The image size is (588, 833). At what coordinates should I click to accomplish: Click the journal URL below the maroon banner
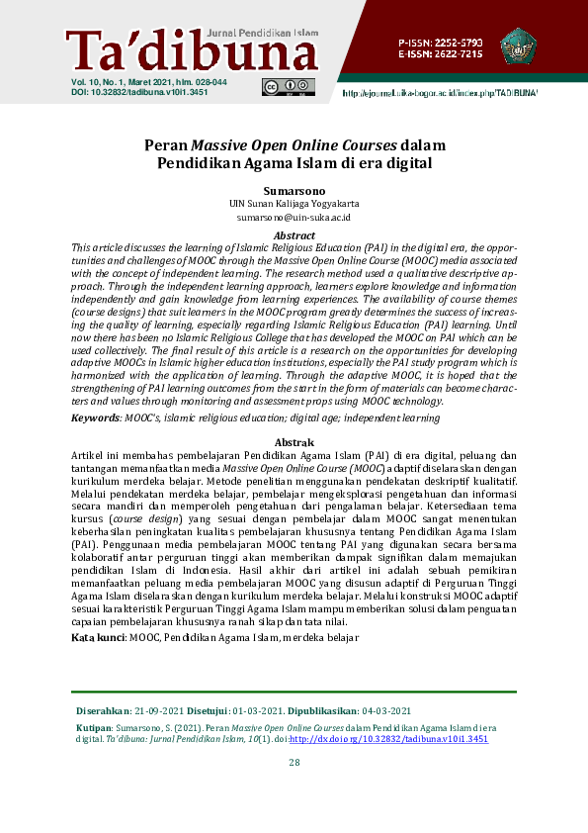pos(440,92)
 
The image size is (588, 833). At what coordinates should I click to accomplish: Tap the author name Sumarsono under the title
pos(294,188)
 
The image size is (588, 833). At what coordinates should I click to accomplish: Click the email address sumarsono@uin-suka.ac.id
pos(294,216)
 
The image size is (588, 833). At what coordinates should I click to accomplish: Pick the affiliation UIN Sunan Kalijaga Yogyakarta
pos(294,202)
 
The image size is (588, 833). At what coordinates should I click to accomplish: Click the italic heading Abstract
pos(294,235)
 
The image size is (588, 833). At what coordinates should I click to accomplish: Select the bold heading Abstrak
pos(294,441)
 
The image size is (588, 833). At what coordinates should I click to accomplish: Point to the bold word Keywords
pos(97,418)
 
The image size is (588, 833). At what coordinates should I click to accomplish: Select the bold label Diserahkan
pos(103,711)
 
